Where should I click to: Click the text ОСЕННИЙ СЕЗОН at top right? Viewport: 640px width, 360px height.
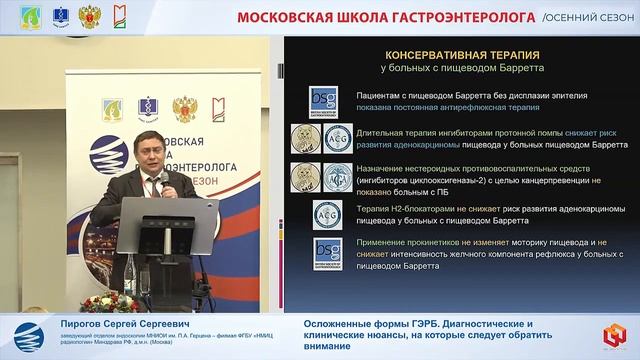click(594, 17)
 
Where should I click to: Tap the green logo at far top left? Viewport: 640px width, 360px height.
click(18, 16)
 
